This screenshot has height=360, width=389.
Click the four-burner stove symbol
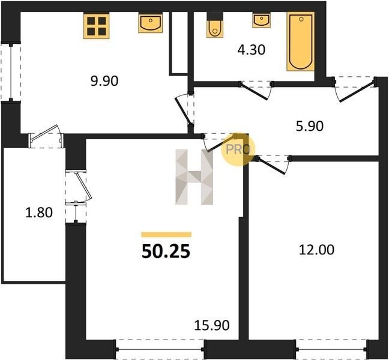coord(97,26)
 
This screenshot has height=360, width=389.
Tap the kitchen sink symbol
coord(151,23)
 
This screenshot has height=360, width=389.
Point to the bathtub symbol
coord(301,41)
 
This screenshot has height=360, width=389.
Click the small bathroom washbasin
coord(262,20)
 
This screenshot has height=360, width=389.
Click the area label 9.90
coord(104,81)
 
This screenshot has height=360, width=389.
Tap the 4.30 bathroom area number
coord(252,50)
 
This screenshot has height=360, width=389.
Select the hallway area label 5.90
coord(310,126)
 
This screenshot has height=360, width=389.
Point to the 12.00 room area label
coord(316,250)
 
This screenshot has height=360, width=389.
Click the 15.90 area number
coord(212,325)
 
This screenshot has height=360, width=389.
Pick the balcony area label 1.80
coord(39,212)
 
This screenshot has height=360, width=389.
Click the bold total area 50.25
coord(166,251)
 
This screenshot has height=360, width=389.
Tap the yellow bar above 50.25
coord(166,234)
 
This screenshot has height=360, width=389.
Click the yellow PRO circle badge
coord(238,149)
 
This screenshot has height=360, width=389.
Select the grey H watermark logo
coord(194,177)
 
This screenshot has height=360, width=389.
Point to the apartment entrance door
coord(355,89)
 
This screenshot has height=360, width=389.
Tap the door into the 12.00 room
coord(273,165)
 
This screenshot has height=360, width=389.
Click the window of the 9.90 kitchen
coord(11,72)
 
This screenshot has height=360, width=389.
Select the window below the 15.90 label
coord(160,349)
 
